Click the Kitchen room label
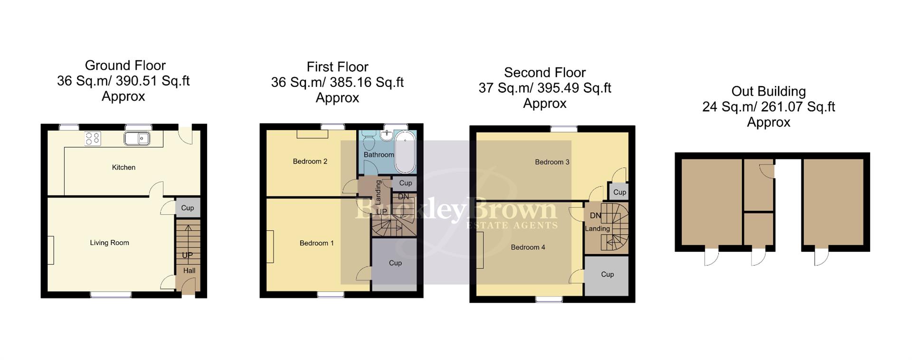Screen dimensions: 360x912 [123, 167]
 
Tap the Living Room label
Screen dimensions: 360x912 [109, 243]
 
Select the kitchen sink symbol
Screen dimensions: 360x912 [137, 139]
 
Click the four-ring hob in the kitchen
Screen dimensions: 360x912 [93, 138]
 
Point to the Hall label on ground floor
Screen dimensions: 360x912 [189, 271]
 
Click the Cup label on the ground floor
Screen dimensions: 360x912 [188, 208]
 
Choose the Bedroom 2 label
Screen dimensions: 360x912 [310, 161]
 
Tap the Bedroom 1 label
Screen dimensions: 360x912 [316, 243]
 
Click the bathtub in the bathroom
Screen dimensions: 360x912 [405, 153]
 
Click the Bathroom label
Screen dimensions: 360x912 [379, 155]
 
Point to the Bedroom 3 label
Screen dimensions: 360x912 [552, 162]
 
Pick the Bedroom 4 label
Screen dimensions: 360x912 [528, 247]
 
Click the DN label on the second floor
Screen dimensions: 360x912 [595, 216]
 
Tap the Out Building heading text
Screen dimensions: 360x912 [768, 91]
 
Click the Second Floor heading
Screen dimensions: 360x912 [544, 73]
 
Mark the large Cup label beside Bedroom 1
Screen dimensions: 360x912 [395, 263]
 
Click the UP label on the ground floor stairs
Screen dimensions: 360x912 [188, 255]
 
